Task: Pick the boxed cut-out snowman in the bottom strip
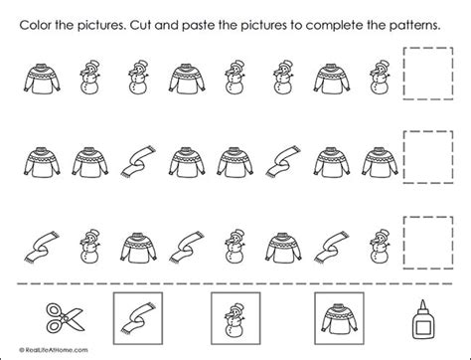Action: pos(235,321)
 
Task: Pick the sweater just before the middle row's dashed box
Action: pos(372,159)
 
